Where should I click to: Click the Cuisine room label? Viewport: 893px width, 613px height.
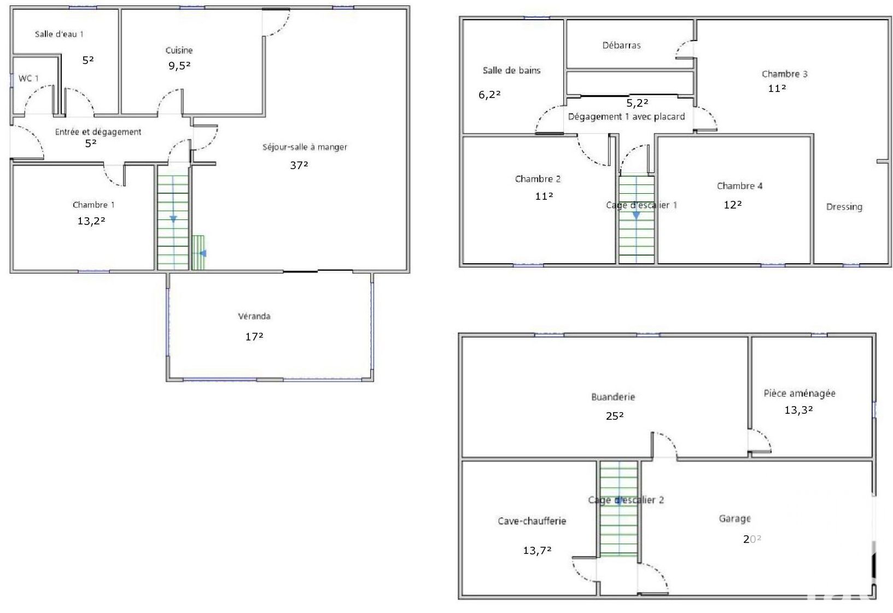179,50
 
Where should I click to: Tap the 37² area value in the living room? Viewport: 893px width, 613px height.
299,165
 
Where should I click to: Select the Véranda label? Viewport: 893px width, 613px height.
254,316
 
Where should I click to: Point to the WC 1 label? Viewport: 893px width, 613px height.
28,78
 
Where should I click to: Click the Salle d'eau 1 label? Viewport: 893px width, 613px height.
59,34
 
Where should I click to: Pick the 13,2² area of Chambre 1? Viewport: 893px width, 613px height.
91,221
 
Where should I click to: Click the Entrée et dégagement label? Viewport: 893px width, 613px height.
98,132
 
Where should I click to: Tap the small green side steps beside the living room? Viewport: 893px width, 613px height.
199,253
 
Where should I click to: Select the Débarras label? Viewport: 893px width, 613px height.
622,45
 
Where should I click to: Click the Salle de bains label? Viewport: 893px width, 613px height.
511,71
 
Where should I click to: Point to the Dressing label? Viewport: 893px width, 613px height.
844,207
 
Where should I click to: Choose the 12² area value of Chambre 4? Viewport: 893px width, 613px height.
733,205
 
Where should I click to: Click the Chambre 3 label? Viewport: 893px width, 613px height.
785,74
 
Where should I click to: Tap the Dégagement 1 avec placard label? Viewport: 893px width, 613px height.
626,117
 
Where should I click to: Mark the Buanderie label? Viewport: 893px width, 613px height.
613,397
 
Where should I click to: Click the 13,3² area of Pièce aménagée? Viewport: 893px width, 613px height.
798,410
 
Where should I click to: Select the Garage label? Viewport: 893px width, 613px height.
735,518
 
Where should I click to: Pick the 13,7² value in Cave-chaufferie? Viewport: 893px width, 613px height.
537,551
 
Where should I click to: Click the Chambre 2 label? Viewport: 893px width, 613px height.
538,179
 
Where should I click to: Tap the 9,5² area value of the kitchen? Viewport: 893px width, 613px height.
179,66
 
